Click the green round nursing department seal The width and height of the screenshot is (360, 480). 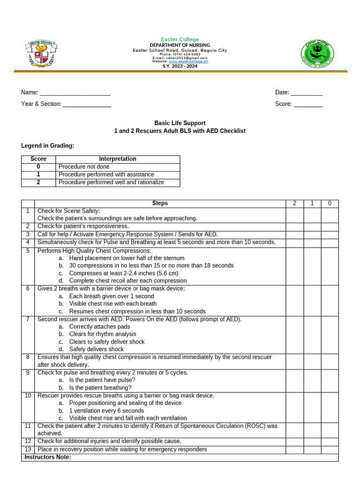pyautogui.click(x=317, y=52)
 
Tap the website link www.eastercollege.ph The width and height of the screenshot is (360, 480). pyautogui.click(x=188, y=61)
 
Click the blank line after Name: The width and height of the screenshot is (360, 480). pyautogui.click(x=75, y=93)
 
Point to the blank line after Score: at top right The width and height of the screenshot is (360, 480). pyautogui.click(x=308, y=104)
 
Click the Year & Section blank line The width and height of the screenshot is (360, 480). pyautogui.click(x=87, y=104)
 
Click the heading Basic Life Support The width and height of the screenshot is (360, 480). pyautogui.click(x=180, y=123)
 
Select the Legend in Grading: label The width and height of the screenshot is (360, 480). pyautogui.click(x=48, y=146)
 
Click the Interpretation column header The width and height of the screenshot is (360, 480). pyautogui.click(x=118, y=159)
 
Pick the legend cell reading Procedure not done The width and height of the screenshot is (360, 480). pyautogui.click(x=84, y=167)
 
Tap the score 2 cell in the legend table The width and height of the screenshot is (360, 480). pyautogui.click(x=38, y=182)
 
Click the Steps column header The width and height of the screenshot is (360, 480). pyautogui.click(x=160, y=203)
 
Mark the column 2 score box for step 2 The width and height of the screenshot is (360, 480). pyautogui.click(x=294, y=226)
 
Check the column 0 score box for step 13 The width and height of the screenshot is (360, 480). pyautogui.click(x=330, y=450)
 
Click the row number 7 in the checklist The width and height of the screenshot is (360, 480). pyautogui.click(x=28, y=320)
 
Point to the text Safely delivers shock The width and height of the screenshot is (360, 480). pyautogui.click(x=96, y=349)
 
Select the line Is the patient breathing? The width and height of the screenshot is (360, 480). pyautogui.click(x=100, y=388)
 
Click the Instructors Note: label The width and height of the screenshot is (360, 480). pyautogui.click(x=47, y=457)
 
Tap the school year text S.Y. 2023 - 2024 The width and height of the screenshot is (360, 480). pyautogui.click(x=180, y=67)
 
